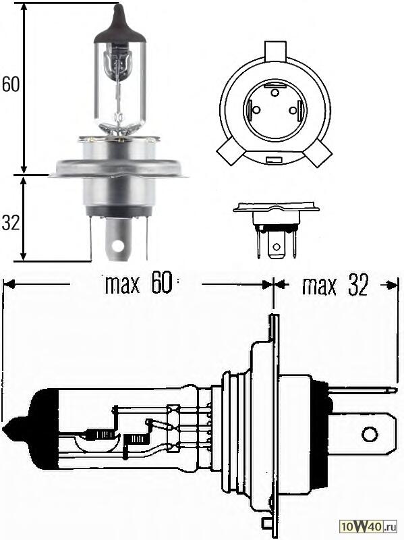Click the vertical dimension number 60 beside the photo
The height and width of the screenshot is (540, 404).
point(10,84)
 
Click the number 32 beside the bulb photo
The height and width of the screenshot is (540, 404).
point(10,223)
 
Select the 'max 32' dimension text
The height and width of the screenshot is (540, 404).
point(335,286)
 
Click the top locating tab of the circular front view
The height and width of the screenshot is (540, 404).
point(275,51)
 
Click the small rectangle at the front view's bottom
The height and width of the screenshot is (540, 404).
point(274,161)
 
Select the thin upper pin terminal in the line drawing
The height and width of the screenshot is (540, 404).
point(364,390)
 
